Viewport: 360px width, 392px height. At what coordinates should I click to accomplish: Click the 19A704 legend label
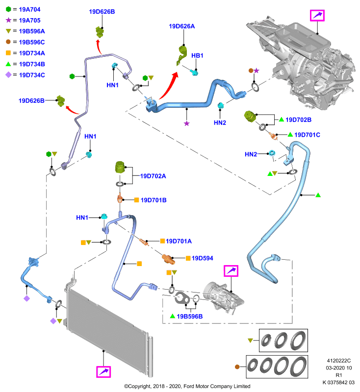[x=29, y=9]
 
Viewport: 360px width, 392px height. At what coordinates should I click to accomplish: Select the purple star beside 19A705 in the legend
[x=8, y=20]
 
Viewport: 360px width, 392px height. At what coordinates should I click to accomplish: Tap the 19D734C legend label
[x=32, y=75]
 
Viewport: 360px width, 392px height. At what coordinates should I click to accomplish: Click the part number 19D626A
[x=182, y=26]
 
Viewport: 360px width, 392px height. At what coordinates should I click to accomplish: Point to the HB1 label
[x=197, y=55]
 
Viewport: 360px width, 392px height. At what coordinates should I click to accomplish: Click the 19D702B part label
[x=299, y=120]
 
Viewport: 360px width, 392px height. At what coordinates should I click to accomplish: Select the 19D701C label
[x=307, y=135]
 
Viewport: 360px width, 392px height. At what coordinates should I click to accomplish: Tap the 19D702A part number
[x=153, y=176]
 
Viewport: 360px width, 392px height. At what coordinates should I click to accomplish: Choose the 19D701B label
[x=154, y=200]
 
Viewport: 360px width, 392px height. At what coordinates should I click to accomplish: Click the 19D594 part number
[x=203, y=258]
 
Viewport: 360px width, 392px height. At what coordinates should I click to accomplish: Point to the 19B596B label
[x=190, y=316]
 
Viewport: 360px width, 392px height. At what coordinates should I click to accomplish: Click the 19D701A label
[x=179, y=241]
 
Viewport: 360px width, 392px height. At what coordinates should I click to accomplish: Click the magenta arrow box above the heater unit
[x=317, y=16]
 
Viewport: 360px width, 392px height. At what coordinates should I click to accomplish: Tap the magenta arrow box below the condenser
[x=103, y=372]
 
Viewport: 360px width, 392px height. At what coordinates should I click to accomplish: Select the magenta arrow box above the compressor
[x=231, y=271]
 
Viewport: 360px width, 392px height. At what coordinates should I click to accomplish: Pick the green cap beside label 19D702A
[x=120, y=167]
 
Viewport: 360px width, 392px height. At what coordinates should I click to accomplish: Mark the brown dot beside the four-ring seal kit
[x=237, y=367]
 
